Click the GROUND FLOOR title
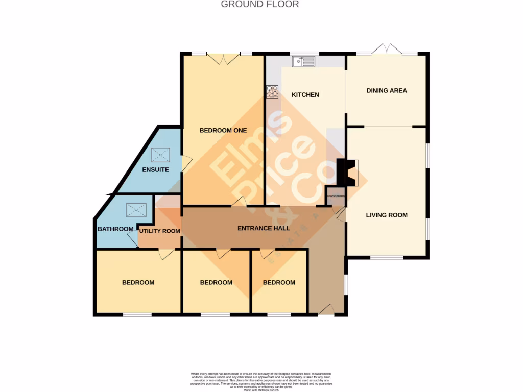(259, 5)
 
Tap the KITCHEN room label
(305, 95)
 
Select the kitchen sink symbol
(304, 62)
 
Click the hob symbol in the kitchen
(272, 91)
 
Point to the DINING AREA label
(387, 91)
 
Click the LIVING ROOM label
(387, 215)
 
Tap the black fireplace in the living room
(345, 173)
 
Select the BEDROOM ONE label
(223, 130)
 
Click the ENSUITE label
(155, 170)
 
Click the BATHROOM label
(115, 229)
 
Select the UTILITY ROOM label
(160, 231)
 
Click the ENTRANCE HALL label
(264, 228)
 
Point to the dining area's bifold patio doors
(387, 50)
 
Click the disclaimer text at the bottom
(261, 381)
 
